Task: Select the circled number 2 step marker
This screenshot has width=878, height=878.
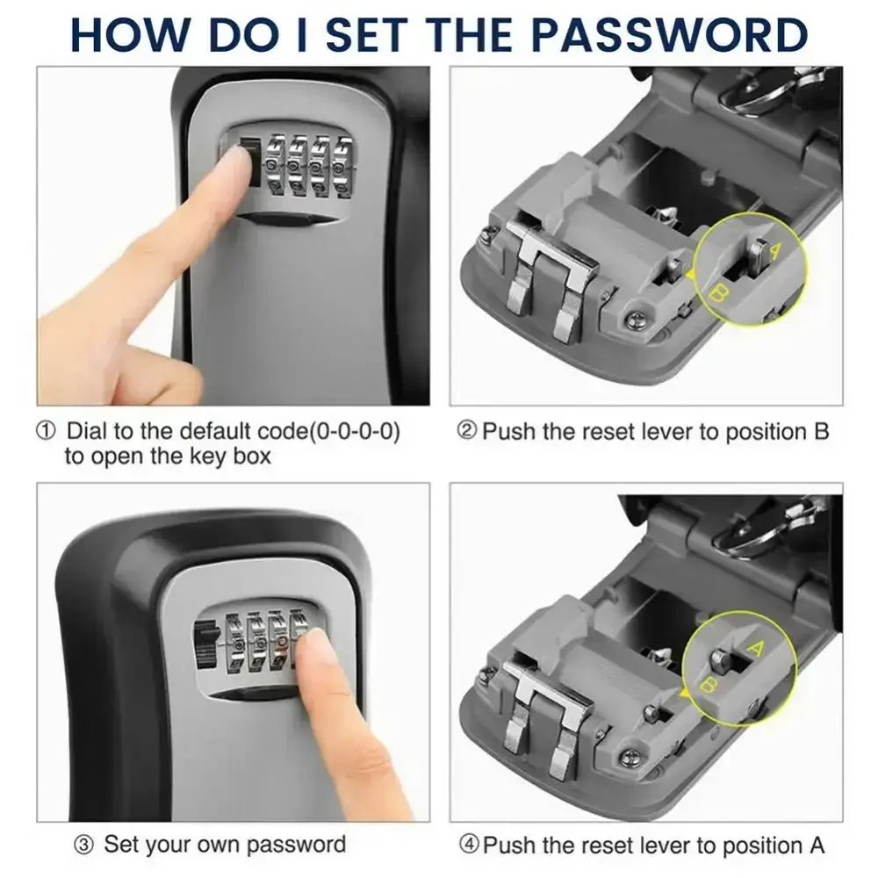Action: click(x=468, y=432)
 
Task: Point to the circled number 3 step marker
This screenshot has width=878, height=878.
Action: click(x=83, y=846)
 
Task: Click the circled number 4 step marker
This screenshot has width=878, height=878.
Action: click(x=468, y=846)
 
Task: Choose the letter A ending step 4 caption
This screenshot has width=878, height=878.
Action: click(x=816, y=846)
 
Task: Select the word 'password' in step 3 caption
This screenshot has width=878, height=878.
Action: click(x=296, y=846)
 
